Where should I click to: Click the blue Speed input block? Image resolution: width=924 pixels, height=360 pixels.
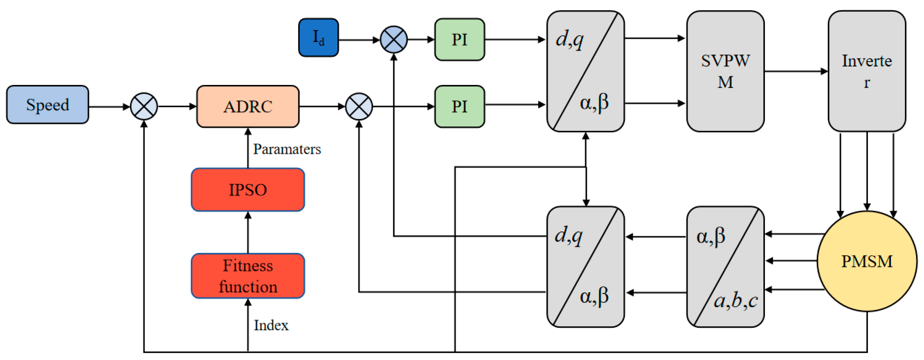[x=48, y=105]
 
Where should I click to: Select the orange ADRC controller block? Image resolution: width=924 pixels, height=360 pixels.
[x=248, y=107]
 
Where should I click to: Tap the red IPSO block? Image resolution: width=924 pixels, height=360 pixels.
[x=248, y=190]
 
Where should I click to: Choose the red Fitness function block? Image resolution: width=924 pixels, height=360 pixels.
[x=248, y=276]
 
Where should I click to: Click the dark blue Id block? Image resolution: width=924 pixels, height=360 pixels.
[x=319, y=38]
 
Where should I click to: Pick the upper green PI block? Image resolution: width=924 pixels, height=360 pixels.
[x=460, y=39]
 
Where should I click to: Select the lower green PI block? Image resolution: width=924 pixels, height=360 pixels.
[x=460, y=107]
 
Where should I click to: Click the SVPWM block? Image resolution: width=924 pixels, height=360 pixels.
[x=725, y=71]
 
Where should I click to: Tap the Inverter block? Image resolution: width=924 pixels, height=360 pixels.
[x=867, y=71]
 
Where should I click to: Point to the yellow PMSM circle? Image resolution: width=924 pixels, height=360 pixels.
[x=867, y=261]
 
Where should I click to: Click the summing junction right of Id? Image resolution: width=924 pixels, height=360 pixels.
[x=394, y=39]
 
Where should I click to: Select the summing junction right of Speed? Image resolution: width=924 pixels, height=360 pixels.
[x=144, y=107]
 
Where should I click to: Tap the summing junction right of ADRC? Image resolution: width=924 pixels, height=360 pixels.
[x=359, y=107]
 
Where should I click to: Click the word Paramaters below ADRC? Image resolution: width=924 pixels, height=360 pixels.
[x=287, y=149]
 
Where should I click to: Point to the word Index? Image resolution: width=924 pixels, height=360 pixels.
[x=271, y=325]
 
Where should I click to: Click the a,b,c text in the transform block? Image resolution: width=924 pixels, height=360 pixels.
[x=736, y=300]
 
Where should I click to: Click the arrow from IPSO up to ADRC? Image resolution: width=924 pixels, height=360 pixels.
[x=248, y=148]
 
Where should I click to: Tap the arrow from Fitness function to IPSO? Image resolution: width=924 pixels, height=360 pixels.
[x=248, y=232]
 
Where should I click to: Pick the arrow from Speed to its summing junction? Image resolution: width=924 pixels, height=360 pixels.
[x=109, y=107]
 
